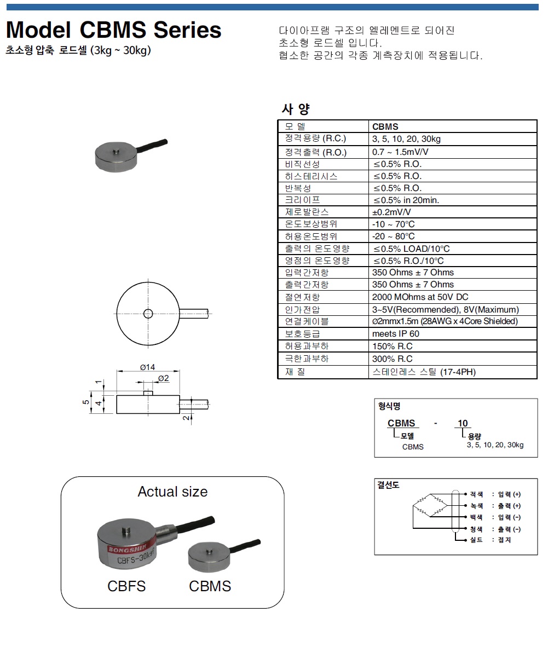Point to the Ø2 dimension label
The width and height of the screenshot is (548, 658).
click(163, 379)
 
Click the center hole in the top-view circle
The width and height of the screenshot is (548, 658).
click(148, 313)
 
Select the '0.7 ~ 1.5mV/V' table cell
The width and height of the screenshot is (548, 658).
click(400, 152)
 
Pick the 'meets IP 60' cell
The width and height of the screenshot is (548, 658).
click(395, 333)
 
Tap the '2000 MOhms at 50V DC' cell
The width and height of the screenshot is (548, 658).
click(420, 297)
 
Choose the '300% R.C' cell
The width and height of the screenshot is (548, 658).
click(392, 359)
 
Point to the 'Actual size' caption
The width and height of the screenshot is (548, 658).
click(172, 492)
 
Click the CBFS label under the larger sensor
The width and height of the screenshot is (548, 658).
click(126, 586)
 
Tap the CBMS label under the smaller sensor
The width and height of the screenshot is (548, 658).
click(210, 586)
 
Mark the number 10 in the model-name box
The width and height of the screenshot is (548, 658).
click(463, 423)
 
